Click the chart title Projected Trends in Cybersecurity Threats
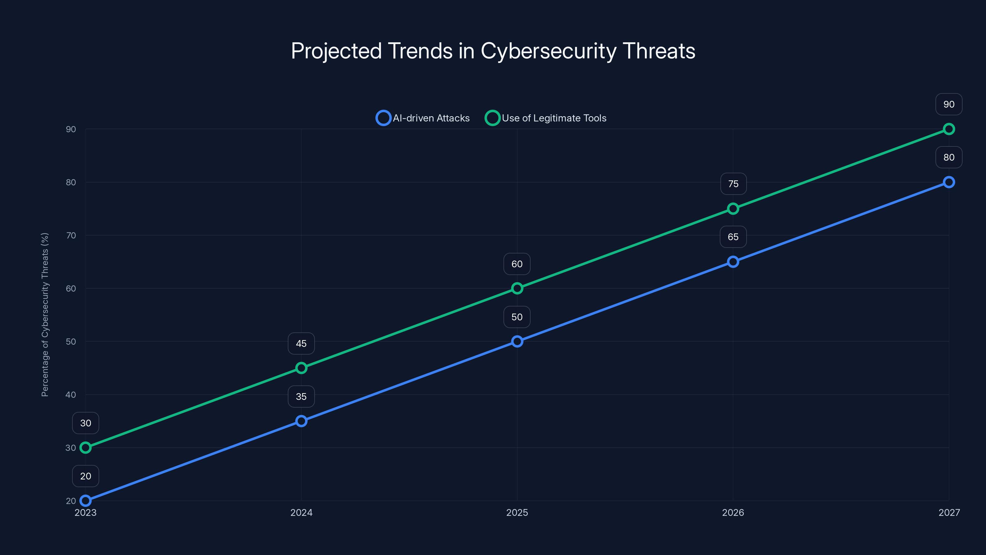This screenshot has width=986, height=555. tap(493, 51)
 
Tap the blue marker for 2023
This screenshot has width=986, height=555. tap(86, 501)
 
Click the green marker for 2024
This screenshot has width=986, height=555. tap(301, 368)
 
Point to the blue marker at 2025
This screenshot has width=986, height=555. tap(517, 341)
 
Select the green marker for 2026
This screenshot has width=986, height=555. tap(733, 209)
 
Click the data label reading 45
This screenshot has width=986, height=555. tap(301, 343)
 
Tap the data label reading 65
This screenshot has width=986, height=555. tap(733, 237)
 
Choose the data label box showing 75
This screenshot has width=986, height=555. tap(733, 184)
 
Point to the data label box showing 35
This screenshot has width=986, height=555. tap(301, 397)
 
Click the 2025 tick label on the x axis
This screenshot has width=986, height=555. tap(517, 512)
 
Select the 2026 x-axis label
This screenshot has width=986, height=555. tap(733, 512)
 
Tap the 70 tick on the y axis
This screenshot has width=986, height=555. tap(71, 236)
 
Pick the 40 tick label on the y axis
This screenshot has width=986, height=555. tap(71, 395)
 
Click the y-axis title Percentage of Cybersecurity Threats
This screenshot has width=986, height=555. tap(45, 314)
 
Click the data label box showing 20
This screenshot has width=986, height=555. tap(86, 476)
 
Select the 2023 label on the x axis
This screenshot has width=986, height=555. tap(86, 512)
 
